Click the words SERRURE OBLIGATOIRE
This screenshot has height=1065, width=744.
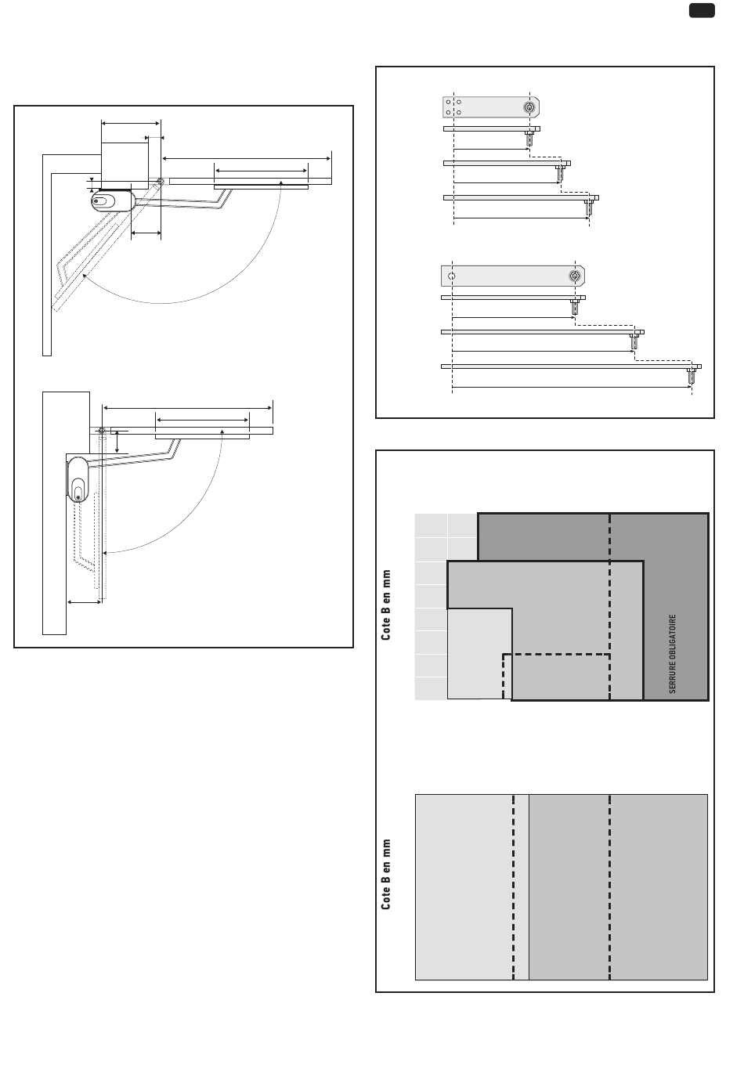[x=672, y=654]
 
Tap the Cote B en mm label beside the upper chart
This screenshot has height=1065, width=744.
[x=386, y=605]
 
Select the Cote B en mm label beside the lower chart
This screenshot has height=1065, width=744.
[x=386, y=875]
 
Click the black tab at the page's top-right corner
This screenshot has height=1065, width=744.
[x=702, y=10]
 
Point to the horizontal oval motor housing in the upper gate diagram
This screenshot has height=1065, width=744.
[x=113, y=200]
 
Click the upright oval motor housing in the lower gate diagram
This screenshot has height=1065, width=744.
[x=79, y=479]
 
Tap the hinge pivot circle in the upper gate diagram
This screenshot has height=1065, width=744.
[x=160, y=182]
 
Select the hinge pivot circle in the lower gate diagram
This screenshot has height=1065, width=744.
[x=102, y=429]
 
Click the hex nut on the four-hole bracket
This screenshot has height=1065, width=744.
[x=530, y=106]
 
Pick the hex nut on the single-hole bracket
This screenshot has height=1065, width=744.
[x=575, y=276]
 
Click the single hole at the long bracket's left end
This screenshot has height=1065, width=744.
[x=451, y=276]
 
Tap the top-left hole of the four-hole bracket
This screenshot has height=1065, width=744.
[x=448, y=102]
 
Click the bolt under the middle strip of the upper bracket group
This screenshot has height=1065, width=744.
[x=560, y=172]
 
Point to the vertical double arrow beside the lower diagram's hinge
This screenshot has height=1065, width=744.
[x=117, y=441]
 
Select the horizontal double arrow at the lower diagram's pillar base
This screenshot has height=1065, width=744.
[x=85, y=601]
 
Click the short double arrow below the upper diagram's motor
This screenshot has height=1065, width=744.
[x=146, y=233]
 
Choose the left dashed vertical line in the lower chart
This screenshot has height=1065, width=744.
[x=514, y=886]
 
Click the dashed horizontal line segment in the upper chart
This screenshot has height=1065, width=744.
[x=556, y=654]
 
